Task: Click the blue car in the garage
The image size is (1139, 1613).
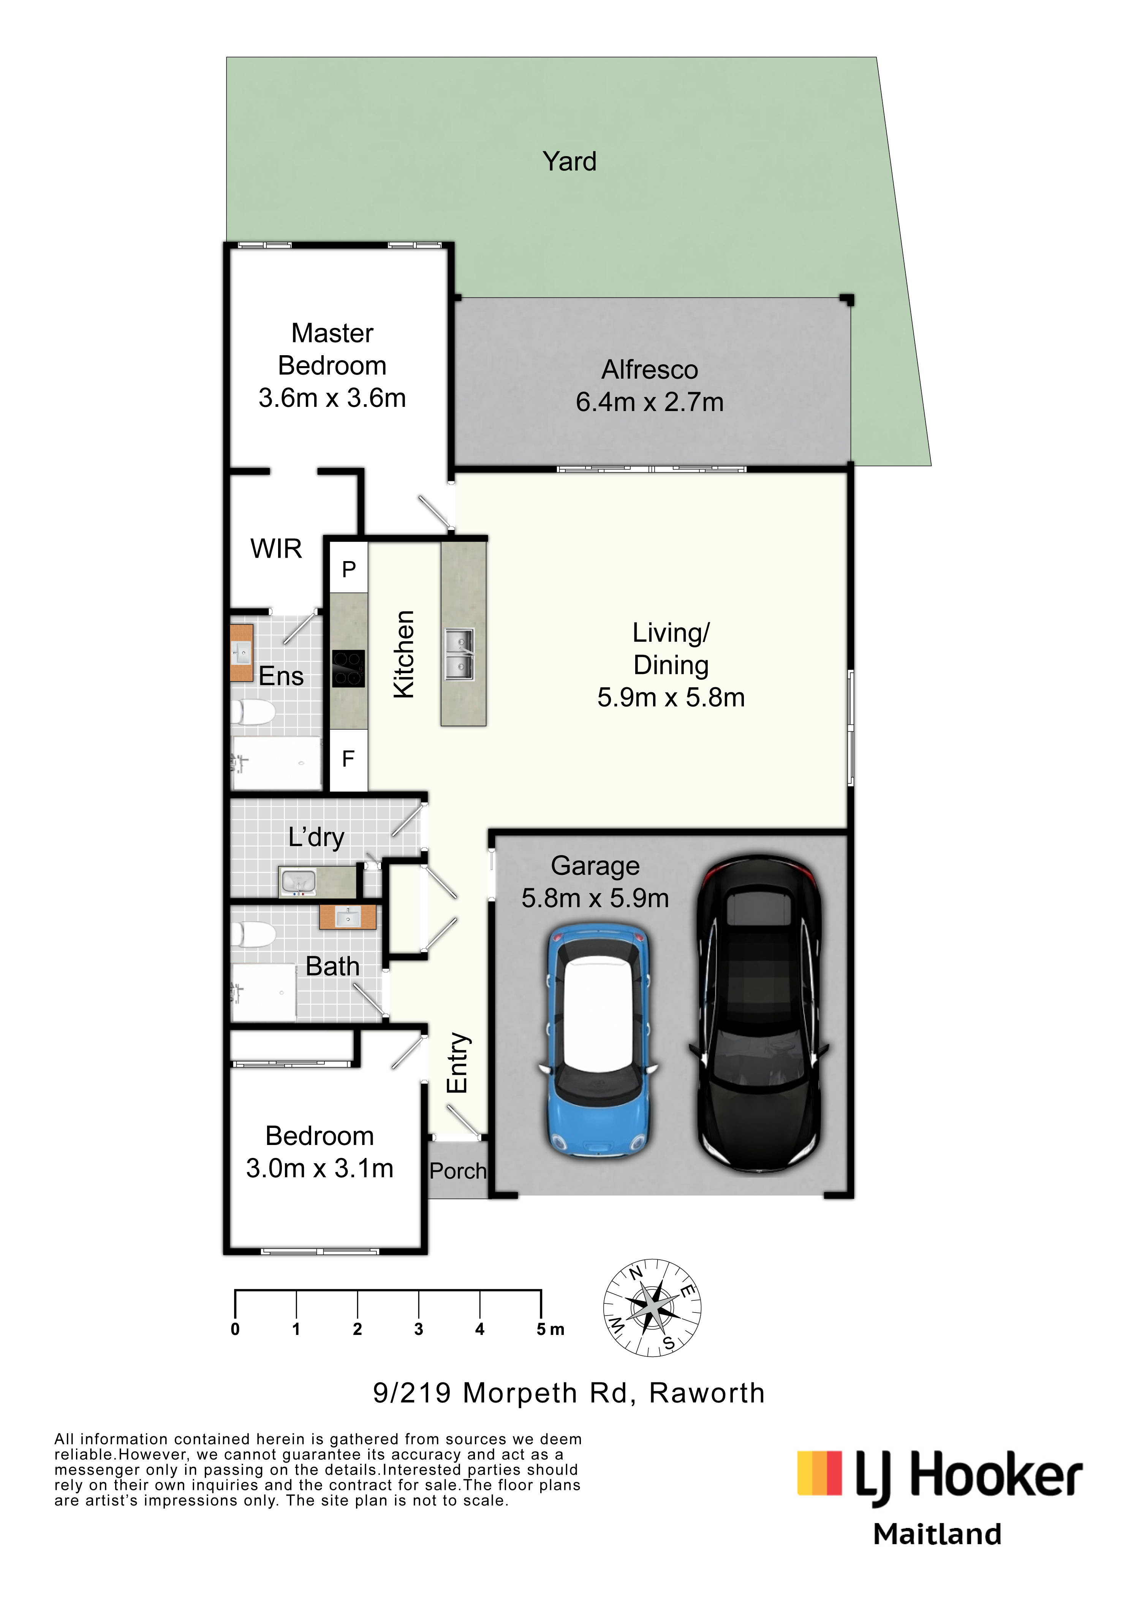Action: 597,1043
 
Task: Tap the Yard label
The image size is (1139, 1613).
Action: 569,161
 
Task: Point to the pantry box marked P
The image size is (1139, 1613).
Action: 348,568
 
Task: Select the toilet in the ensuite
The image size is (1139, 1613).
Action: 253,712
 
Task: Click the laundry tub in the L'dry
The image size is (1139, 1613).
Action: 298,882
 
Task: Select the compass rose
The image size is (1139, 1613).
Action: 652,1308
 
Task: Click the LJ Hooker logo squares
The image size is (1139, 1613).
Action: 819,1472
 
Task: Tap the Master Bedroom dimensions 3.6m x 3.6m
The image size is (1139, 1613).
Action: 332,399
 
